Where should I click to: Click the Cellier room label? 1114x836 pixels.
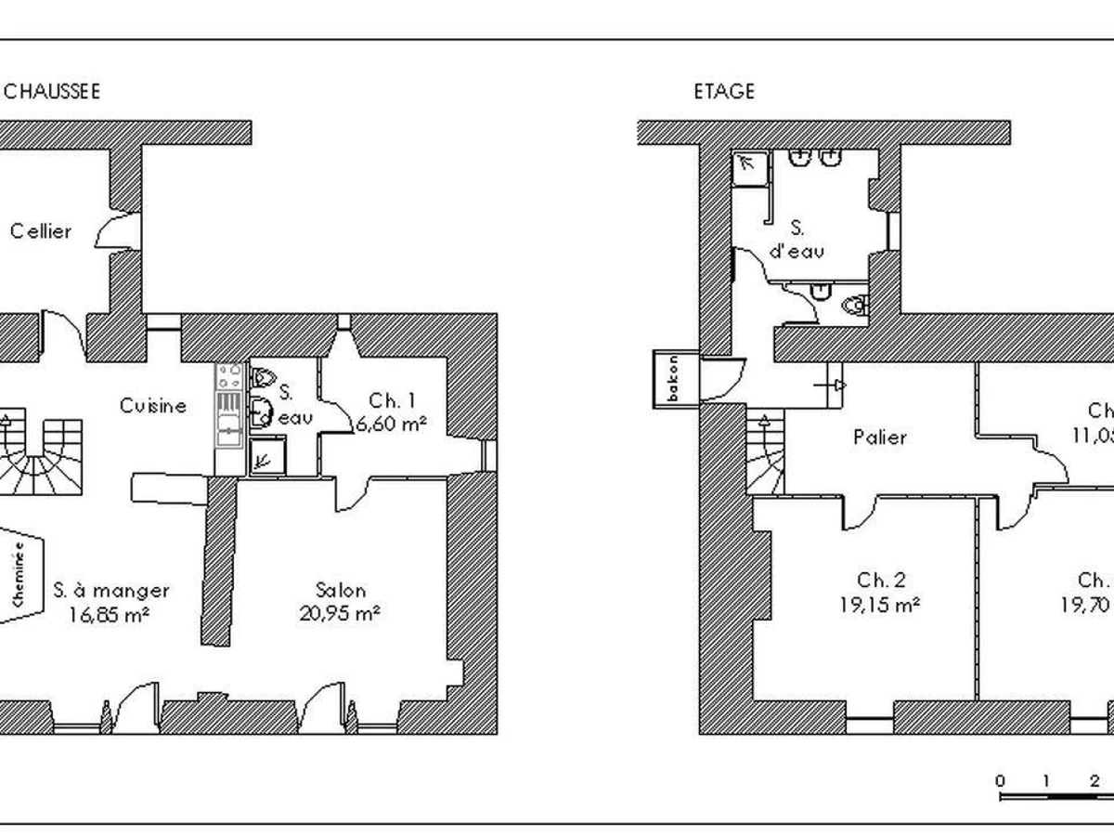[x=41, y=231]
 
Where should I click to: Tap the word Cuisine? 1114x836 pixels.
[x=153, y=406]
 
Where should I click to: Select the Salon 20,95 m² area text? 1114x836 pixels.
[x=340, y=601]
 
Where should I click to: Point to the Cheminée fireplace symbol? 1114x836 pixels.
[x=22, y=576]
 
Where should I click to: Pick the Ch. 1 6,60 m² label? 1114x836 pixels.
[x=391, y=413]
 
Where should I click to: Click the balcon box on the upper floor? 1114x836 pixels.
[x=668, y=379]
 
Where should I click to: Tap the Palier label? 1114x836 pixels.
[x=880, y=437]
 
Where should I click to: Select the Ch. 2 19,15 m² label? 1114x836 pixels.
[x=881, y=592]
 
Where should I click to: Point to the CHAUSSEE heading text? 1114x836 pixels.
[x=51, y=92]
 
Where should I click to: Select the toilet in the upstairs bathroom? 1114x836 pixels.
[x=854, y=304]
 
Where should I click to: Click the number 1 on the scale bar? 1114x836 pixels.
[x=1045, y=779]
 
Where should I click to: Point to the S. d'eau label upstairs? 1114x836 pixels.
[x=797, y=240]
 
